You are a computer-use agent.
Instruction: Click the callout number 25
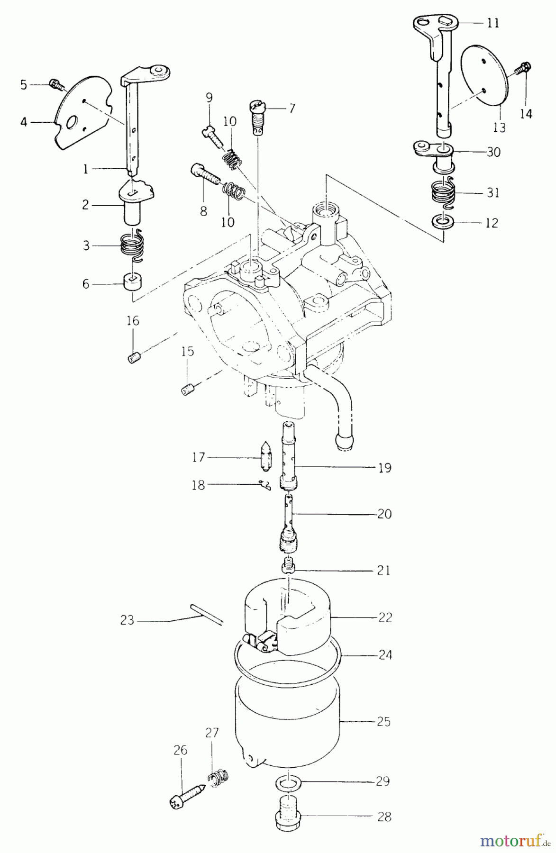[x=384, y=722]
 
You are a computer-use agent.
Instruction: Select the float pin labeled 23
[x=206, y=614]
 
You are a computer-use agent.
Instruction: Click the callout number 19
[x=385, y=468]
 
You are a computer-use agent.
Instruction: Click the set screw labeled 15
[x=187, y=390]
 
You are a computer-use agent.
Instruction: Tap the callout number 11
[x=493, y=23]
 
